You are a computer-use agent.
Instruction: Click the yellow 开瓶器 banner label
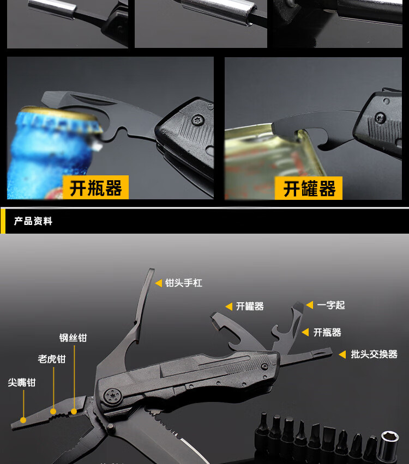[x=95, y=187]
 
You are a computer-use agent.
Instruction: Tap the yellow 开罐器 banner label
[x=309, y=188]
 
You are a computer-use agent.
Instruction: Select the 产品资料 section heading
[x=33, y=221]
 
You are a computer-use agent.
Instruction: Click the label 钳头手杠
[x=183, y=283]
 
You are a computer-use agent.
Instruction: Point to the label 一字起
[x=331, y=305]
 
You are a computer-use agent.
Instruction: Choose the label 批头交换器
[x=374, y=354]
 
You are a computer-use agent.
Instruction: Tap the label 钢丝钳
[x=73, y=338]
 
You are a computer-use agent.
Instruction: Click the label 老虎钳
[x=52, y=359]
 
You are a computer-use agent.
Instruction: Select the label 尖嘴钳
[x=22, y=382]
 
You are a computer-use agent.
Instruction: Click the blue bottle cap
[x=59, y=120]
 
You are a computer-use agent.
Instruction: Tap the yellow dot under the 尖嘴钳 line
[x=23, y=420]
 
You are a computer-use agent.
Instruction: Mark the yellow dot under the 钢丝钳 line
[x=74, y=411]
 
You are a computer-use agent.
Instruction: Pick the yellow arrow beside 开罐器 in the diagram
[x=229, y=306]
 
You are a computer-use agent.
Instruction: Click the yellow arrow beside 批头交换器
[x=342, y=354]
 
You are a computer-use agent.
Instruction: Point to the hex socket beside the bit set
[x=388, y=447]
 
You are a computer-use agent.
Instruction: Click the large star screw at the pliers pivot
[x=113, y=396]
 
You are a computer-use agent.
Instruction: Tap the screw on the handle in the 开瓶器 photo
[x=196, y=120]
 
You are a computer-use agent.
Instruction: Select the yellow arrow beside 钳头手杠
[x=159, y=283]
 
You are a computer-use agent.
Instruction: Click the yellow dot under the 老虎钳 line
[x=53, y=411]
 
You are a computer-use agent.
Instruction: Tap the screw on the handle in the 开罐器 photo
[x=380, y=118]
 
